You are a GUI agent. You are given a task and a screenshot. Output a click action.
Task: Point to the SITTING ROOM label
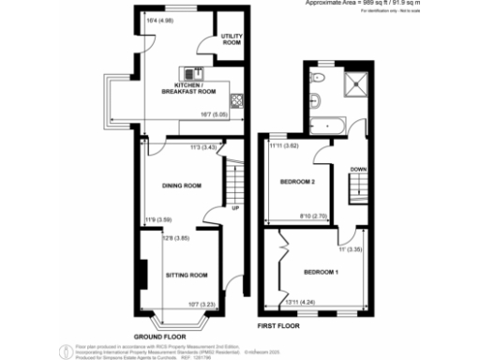[x=186, y=276]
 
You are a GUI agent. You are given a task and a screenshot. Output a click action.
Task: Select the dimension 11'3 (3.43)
[x=203, y=147]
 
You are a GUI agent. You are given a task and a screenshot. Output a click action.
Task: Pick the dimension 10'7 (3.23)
[x=203, y=303]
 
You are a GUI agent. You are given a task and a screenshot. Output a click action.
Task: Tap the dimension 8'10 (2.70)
[x=310, y=217]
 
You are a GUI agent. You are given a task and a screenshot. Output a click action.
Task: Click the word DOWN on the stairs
[x=356, y=170]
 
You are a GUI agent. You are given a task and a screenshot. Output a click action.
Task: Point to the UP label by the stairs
[x=234, y=208]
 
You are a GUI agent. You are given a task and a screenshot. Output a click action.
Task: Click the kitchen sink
[x=191, y=72]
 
